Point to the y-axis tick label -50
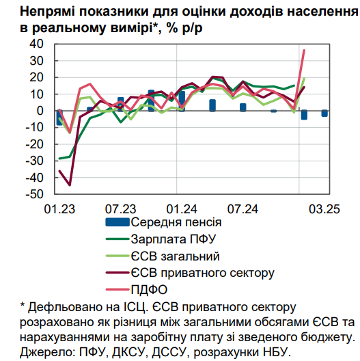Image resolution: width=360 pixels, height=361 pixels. tap(34, 194)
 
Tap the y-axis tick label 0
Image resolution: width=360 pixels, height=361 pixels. tap(40, 111)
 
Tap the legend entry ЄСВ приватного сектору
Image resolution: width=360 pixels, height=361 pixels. tap(203, 273)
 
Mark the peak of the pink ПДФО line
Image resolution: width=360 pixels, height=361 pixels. tap(304, 50)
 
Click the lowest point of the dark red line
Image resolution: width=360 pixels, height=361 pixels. tap(70, 185)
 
